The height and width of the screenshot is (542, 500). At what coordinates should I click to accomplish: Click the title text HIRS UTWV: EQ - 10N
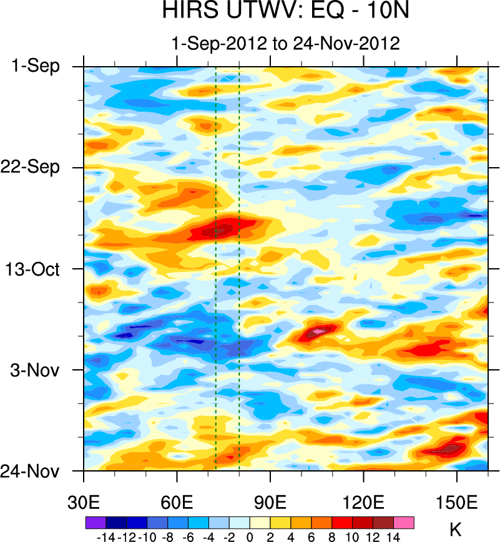(285, 12)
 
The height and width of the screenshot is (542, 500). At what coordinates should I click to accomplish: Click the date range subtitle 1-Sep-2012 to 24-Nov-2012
(285, 44)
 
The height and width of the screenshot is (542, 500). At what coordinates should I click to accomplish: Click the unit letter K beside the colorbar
(455, 530)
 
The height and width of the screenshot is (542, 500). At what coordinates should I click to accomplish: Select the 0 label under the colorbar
(250, 536)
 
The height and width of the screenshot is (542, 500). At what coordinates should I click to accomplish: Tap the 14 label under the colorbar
(394, 536)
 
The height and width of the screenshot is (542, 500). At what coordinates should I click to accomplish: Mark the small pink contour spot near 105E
(318, 331)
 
